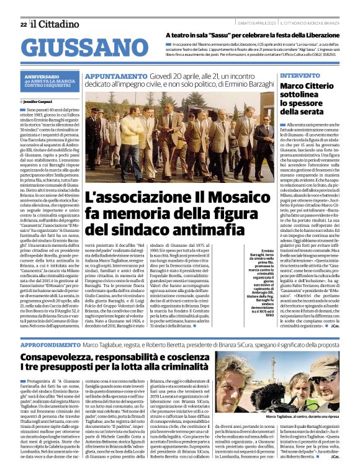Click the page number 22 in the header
pyautogui.click(x=23, y=24)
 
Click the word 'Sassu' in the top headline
pyautogui.click(x=225, y=36)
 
